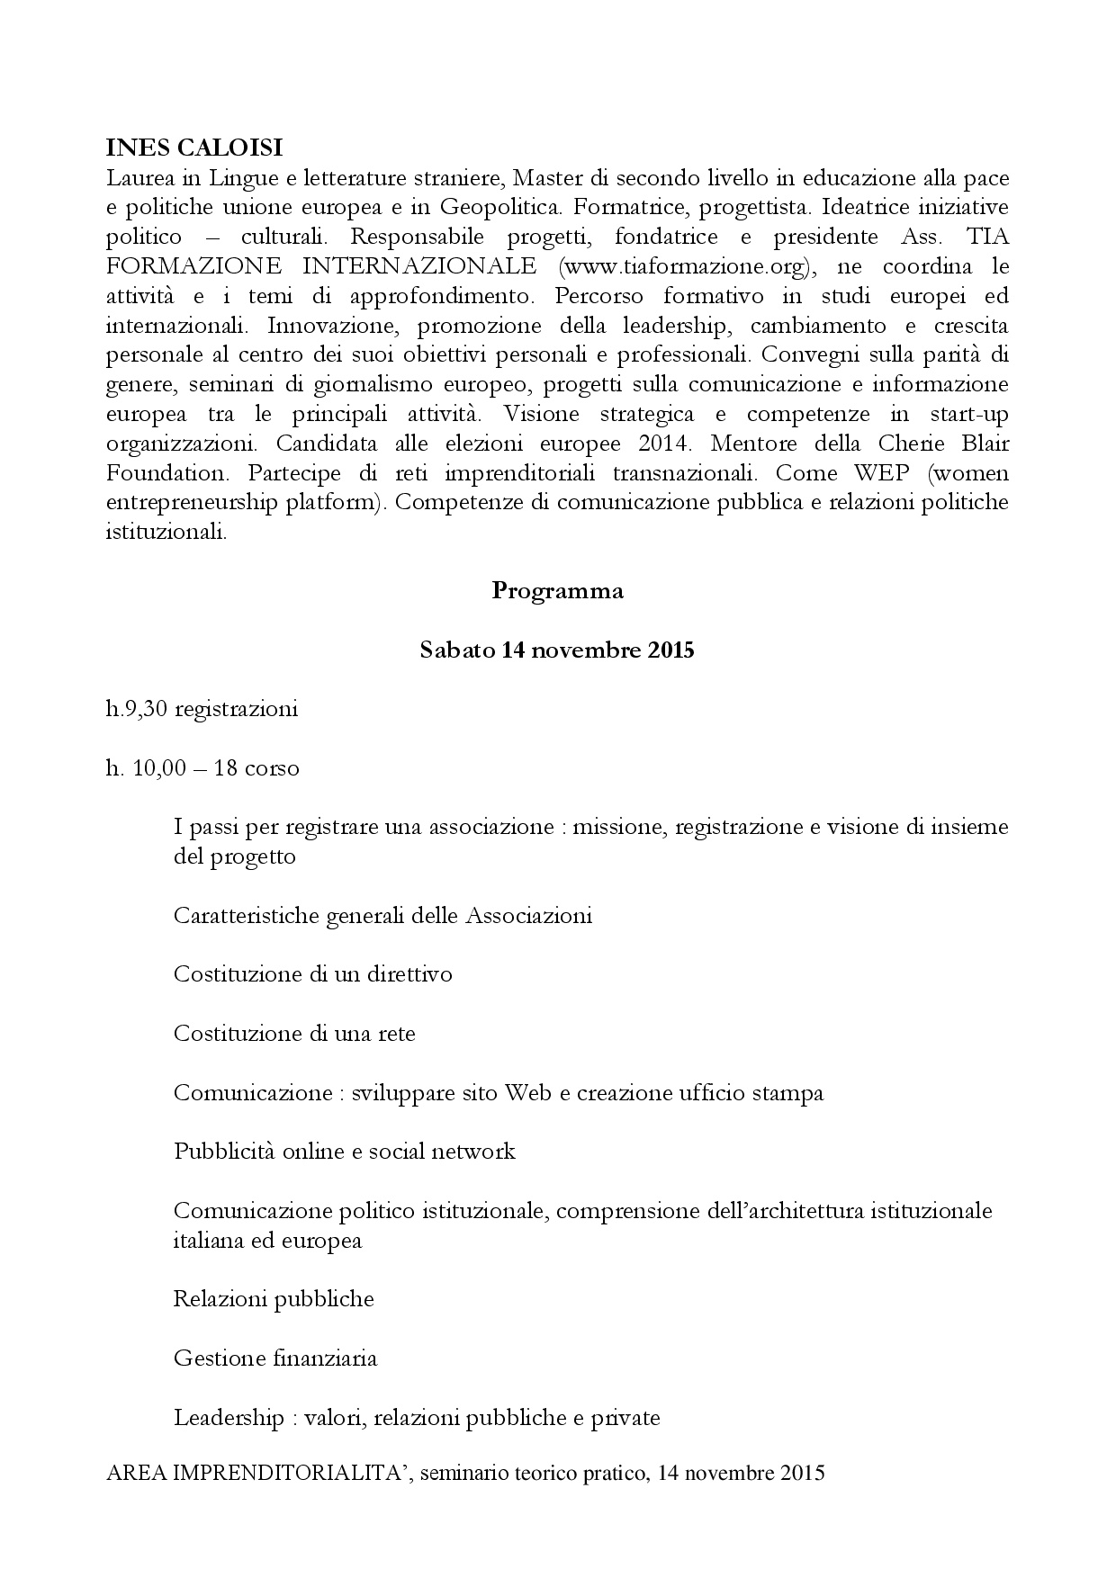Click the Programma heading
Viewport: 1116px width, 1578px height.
coord(557,591)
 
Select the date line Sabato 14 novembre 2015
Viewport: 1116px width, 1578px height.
coord(557,650)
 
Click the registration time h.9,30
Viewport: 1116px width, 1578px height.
coord(137,709)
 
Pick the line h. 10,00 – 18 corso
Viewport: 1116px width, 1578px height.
coord(202,768)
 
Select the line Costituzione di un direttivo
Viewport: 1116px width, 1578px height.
coord(312,974)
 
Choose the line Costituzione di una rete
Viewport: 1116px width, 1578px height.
coord(294,1034)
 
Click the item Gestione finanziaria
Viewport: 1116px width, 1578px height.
coord(275,1358)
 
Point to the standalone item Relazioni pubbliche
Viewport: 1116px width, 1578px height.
coord(274,1299)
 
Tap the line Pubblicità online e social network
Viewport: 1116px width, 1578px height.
coord(344,1152)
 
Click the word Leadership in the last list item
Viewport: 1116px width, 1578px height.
coord(228,1419)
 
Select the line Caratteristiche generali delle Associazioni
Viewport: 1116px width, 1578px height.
coord(382,916)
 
